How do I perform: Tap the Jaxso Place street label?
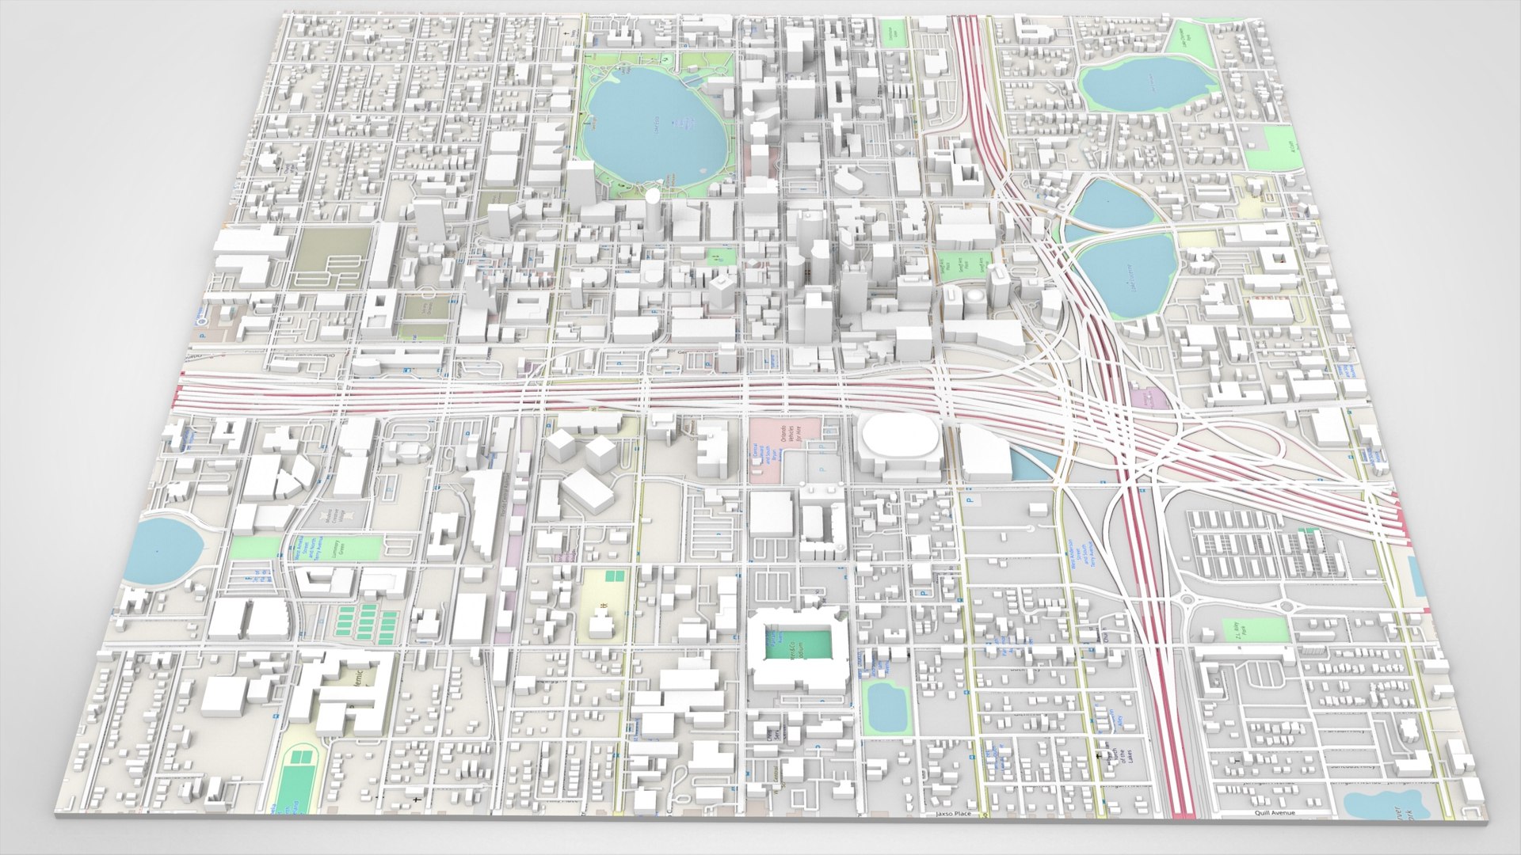pyautogui.click(x=952, y=813)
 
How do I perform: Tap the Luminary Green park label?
pyautogui.click(x=342, y=548)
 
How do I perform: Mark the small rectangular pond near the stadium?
pyautogui.click(x=885, y=706)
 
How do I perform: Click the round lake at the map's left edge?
pyautogui.click(x=162, y=548)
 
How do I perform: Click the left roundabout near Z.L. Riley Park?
pyautogui.click(x=1186, y=601)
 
